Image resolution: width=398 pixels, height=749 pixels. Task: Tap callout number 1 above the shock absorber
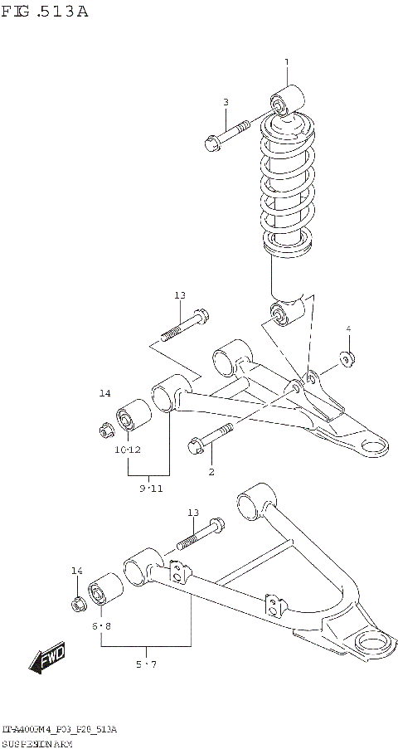pyautogui.click(x=287, y=62)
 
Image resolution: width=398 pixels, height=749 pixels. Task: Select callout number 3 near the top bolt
pyautogui.click(x=225, y=102)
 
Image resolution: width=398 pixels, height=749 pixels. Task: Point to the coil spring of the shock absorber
pyautogui.click(x=287, y=182)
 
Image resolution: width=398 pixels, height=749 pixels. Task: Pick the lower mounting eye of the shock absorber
pyautogui.click(x=279, y=314)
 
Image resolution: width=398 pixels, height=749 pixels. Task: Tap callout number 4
pyautogui.click(x=348, y=329)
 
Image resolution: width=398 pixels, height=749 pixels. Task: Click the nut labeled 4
pyautogui.click(x=347, y=358)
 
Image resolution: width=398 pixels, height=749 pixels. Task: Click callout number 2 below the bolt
pyautogui.click(x=211, y=472)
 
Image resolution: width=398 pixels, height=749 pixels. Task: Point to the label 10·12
pyautogui.click(x=128, y=450)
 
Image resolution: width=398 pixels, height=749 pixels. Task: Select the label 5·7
pyautogui.click(x=146, y=664)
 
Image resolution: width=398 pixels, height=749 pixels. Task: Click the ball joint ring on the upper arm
pyautogui.click(x=373, y=446)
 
